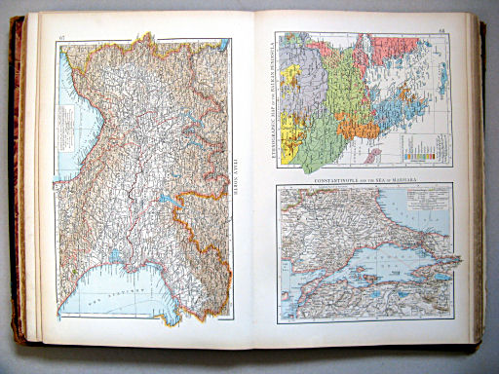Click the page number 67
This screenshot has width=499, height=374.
(x=61, y=38)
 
